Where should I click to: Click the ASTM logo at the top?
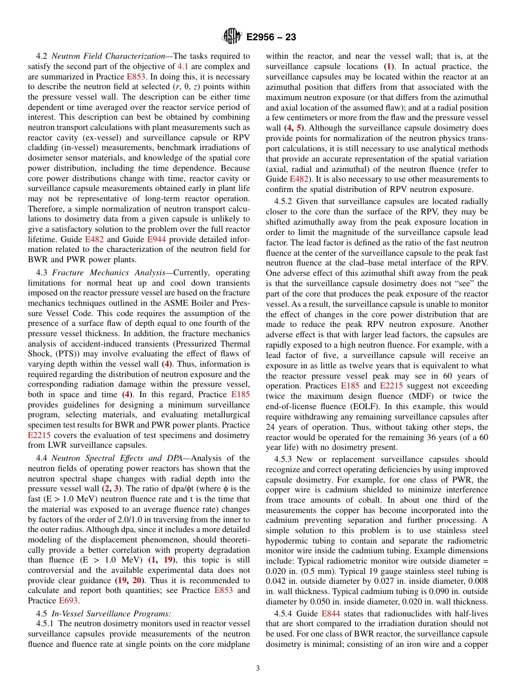[x=232, y=37]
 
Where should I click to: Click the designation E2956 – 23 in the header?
[x=271, y=38]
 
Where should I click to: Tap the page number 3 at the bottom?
[x=258, y=668]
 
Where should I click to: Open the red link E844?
[x=331, y=613]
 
